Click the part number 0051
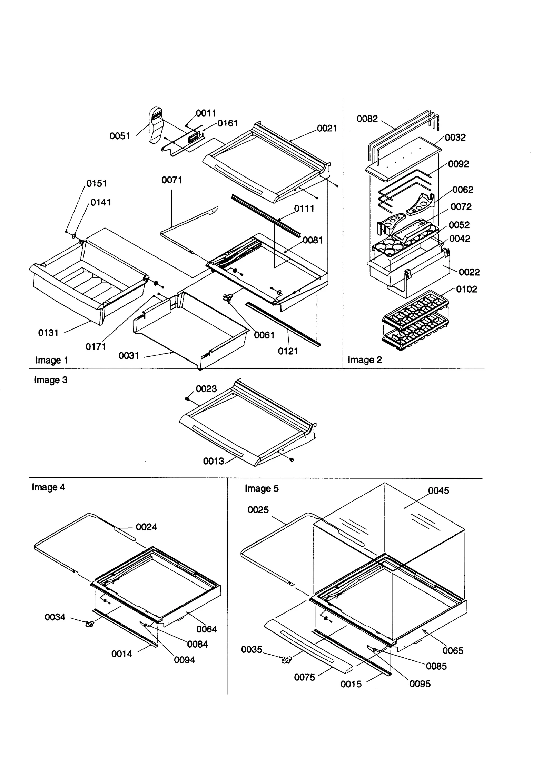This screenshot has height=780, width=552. point(120,136)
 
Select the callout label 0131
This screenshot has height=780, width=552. point(48,333)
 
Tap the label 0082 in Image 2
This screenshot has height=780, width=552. point(367,119)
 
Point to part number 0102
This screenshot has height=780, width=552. point(466,289)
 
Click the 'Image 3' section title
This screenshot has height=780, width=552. point(51,380)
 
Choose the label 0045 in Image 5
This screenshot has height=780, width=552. point(438,490)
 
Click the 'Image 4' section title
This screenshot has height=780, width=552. point(48,487)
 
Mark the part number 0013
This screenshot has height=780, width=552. point(213,461)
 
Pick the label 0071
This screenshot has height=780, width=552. point(172,180)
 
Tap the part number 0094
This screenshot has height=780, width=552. point(184,660)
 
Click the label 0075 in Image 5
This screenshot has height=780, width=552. point(304,677)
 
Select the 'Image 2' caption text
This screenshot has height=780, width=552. point(365,360)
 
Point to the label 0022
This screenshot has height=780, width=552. point(469,272)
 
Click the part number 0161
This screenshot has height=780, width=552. point(227,123)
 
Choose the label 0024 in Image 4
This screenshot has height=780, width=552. point(146,527)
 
